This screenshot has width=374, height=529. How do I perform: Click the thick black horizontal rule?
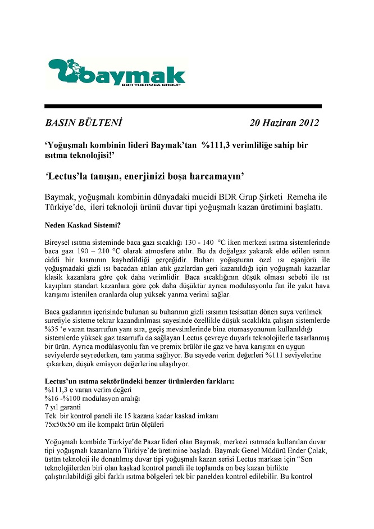[x=183, y=106]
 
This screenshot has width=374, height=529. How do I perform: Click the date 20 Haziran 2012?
[x=285, y=122]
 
